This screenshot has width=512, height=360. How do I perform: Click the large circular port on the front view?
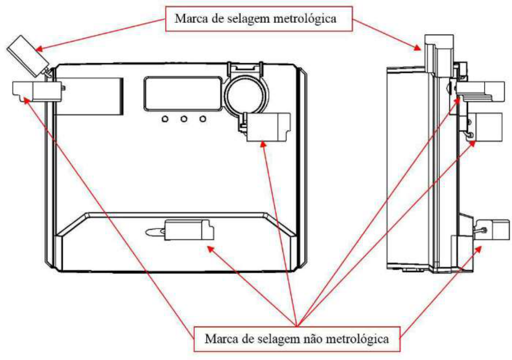[x=246, y=96]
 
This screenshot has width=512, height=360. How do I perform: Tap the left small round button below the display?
[x=165, y=119]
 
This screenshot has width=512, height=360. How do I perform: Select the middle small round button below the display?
[x=184, y=119]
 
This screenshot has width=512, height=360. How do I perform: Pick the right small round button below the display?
[x=203, y=119]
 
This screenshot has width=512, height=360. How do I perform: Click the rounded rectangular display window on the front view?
[x=183, y=94]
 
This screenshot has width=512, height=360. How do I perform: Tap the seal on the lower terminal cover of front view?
[x=189, y=230]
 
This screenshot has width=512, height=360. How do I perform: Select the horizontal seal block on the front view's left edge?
[x=37, y=92]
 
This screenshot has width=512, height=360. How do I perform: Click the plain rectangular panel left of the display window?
[x=89, y=96]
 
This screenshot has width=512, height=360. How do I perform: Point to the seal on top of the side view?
[x=439, y=56]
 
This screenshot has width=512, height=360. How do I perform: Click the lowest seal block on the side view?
[x=493, y=230]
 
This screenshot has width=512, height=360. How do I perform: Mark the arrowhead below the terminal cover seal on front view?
[x=210, y=249]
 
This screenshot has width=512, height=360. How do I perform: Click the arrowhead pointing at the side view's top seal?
[x=417, y=48]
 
